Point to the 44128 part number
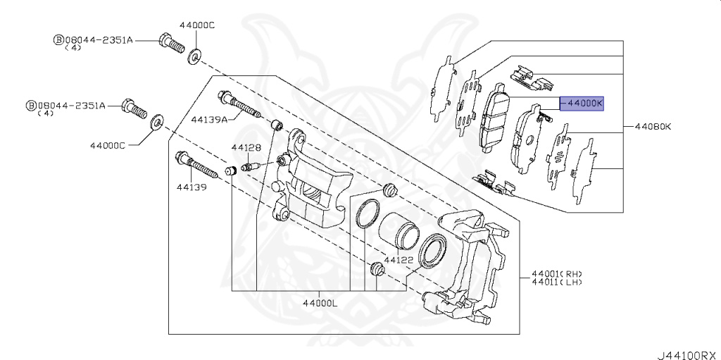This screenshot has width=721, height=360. (246, 148)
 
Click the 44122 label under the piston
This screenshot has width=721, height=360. (399, 260)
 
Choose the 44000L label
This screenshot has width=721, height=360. (320, 303)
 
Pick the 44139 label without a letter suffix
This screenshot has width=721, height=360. (191, 187)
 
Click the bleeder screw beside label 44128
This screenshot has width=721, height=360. (251, 167)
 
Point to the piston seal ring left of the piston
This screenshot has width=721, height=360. (366, 214)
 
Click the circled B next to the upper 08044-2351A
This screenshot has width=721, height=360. (58, 40)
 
